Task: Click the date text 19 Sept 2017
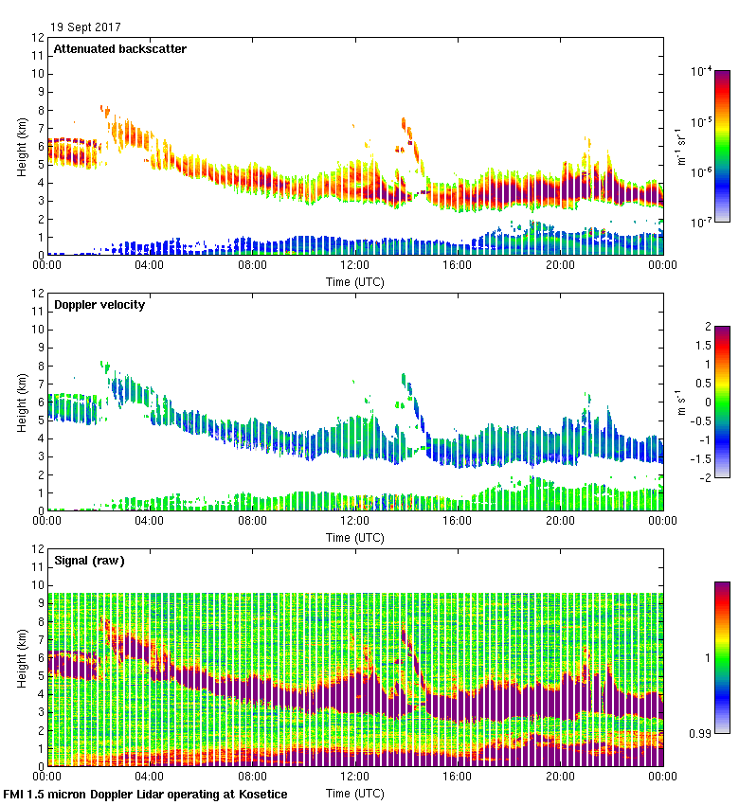[x=85, y=27]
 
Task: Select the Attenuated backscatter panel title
[x=119, y=49]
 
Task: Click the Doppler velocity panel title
[x=99, y=305]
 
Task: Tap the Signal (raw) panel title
[x=89, y=561]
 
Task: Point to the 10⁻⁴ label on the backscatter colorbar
[x=702, y=70]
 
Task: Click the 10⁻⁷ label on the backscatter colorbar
[x=702, y=222]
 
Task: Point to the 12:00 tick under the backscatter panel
[x=354, y=265]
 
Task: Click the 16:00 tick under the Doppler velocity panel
[x=457, y=521]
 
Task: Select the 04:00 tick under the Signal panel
[x=149, y=777]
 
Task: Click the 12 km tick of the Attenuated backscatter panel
[x=38, y=38]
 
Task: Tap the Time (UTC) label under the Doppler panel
[x=354, y=537]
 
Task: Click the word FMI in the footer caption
[x=14, y=794]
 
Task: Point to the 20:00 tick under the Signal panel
[x=560, y=777]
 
